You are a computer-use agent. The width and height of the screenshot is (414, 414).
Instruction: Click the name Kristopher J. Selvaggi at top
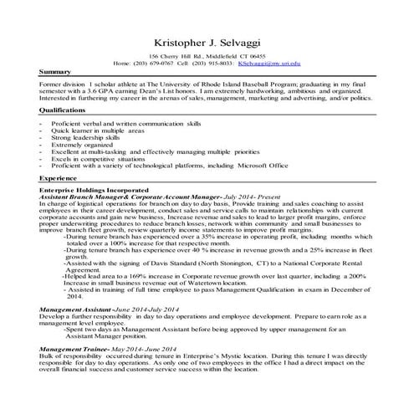[x=206, y=42]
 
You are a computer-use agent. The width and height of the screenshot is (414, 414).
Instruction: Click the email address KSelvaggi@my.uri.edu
[x=268, y=63]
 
